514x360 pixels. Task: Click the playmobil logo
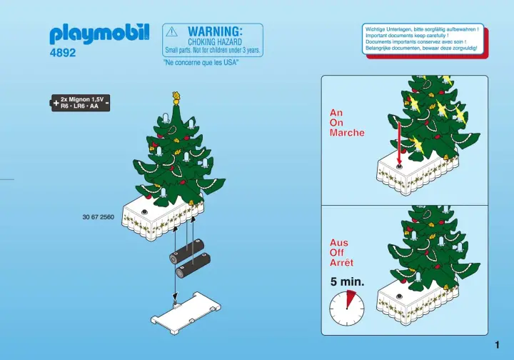pos(99,34)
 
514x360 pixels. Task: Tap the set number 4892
pos(63,53)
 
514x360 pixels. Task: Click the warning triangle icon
pos(172,32)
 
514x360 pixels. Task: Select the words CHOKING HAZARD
pos(215,42)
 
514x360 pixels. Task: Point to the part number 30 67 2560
pos(99,217)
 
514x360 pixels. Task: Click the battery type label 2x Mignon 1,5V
pos(82,99)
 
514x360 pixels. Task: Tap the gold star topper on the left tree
pos(177,96)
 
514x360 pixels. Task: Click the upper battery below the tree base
pos(187,251)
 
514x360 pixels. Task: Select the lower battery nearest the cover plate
pos(193,266)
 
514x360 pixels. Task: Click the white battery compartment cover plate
pos(186,313)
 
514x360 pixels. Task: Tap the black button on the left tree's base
pos(144,212)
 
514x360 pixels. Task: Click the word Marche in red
pos(347,133)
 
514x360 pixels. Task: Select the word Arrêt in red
pos(341,263)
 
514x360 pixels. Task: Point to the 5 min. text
pos(347,281)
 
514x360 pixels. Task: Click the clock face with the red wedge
pos(347,308)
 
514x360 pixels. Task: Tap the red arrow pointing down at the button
pos(399,144)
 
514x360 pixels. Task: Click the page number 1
pos(498,345)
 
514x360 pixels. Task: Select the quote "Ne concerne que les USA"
pos(201,62)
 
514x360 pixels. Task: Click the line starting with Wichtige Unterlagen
pos(422,29)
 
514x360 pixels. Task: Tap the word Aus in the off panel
pos(339,243)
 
